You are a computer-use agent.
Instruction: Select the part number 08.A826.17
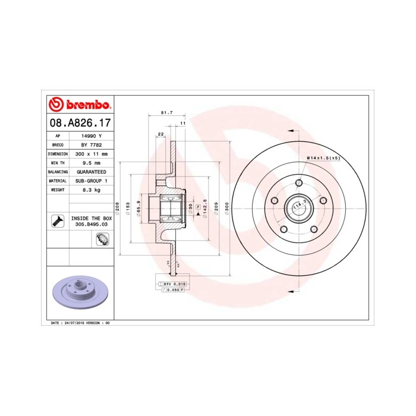coord(78,124)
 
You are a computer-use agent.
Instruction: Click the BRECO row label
coord(58,144)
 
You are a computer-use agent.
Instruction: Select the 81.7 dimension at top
coord(167,112)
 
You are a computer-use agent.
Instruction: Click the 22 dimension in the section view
coord(160,134)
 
